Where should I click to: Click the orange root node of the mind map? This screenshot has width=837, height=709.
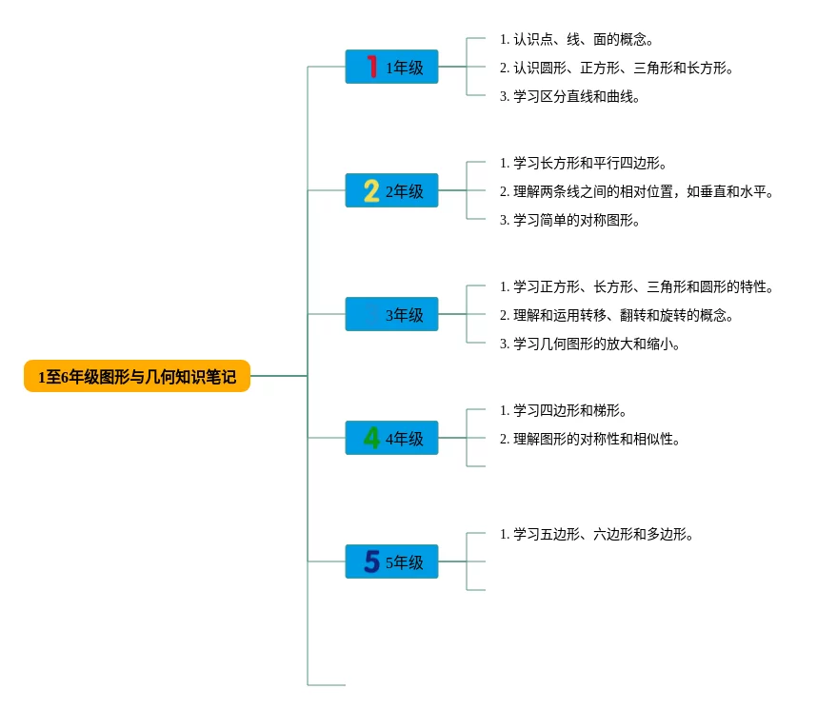(137, 377)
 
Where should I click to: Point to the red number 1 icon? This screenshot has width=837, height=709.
(371, 67)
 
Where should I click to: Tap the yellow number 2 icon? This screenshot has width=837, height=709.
(371, 190)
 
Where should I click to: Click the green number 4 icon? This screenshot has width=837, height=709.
(371, 438)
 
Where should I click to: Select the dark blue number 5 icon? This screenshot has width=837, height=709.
(371, 561)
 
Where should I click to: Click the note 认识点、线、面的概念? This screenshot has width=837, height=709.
(576, 39)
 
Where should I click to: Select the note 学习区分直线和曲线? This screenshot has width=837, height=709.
(569, 96)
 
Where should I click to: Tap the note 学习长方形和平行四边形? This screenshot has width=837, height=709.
(583, 163)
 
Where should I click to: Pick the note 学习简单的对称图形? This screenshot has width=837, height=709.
(569, 220)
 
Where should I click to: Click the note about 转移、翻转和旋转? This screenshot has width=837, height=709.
(616, 315)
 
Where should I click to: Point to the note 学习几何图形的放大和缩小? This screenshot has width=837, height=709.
(589, 344)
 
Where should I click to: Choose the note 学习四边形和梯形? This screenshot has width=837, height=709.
(563, 410)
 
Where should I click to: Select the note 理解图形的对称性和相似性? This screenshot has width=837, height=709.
(589, 439)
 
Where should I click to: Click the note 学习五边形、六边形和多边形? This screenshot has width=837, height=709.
(596, 534)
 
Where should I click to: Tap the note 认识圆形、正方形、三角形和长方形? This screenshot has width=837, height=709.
(616, 68)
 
